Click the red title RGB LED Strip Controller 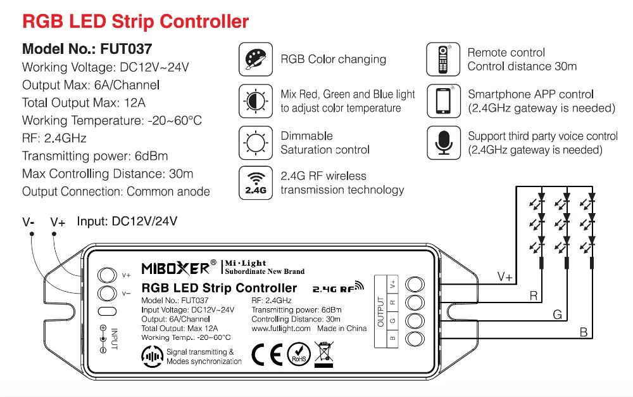point(135,22)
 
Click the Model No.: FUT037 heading point(87,49)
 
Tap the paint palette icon point(256,60)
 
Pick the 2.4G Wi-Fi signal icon point(256,183)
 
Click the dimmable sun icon point(256,142)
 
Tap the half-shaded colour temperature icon point(256,101)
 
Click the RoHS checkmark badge point(299,354)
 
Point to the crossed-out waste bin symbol point(323,354)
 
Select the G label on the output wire point(557,314)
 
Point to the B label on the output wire point(583,332)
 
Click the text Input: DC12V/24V point(127,221)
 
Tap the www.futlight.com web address point(281,329)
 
